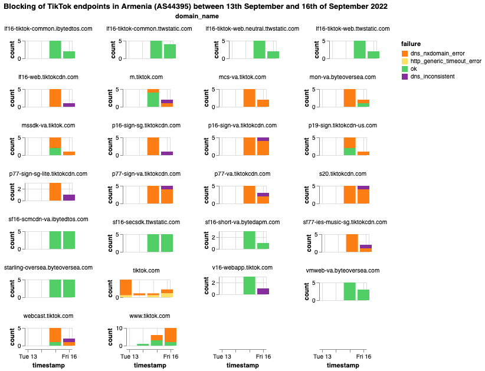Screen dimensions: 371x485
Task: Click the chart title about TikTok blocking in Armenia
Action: [x=196, y=6]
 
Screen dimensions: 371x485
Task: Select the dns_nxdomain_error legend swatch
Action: [x=405, y=54]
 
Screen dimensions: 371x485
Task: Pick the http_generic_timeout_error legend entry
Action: [x=405, y=61]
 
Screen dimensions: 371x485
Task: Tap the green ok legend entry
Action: [x=405, y=69]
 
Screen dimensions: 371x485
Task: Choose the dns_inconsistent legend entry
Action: [x=405, y=77]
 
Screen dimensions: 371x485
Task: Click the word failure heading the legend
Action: [x=411, y=44]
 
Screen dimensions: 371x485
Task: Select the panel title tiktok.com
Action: [x=145, y=270]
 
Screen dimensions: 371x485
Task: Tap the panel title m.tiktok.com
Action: [x=145, y=77]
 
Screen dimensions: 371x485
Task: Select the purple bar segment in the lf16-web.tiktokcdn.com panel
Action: [x=69, y=105]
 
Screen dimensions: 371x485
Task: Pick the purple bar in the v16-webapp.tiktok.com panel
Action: [x=263, y=291]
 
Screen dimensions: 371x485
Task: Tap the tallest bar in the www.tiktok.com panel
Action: [x=171, y=336]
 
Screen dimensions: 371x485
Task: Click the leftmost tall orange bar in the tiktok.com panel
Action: [x=126, y=287]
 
